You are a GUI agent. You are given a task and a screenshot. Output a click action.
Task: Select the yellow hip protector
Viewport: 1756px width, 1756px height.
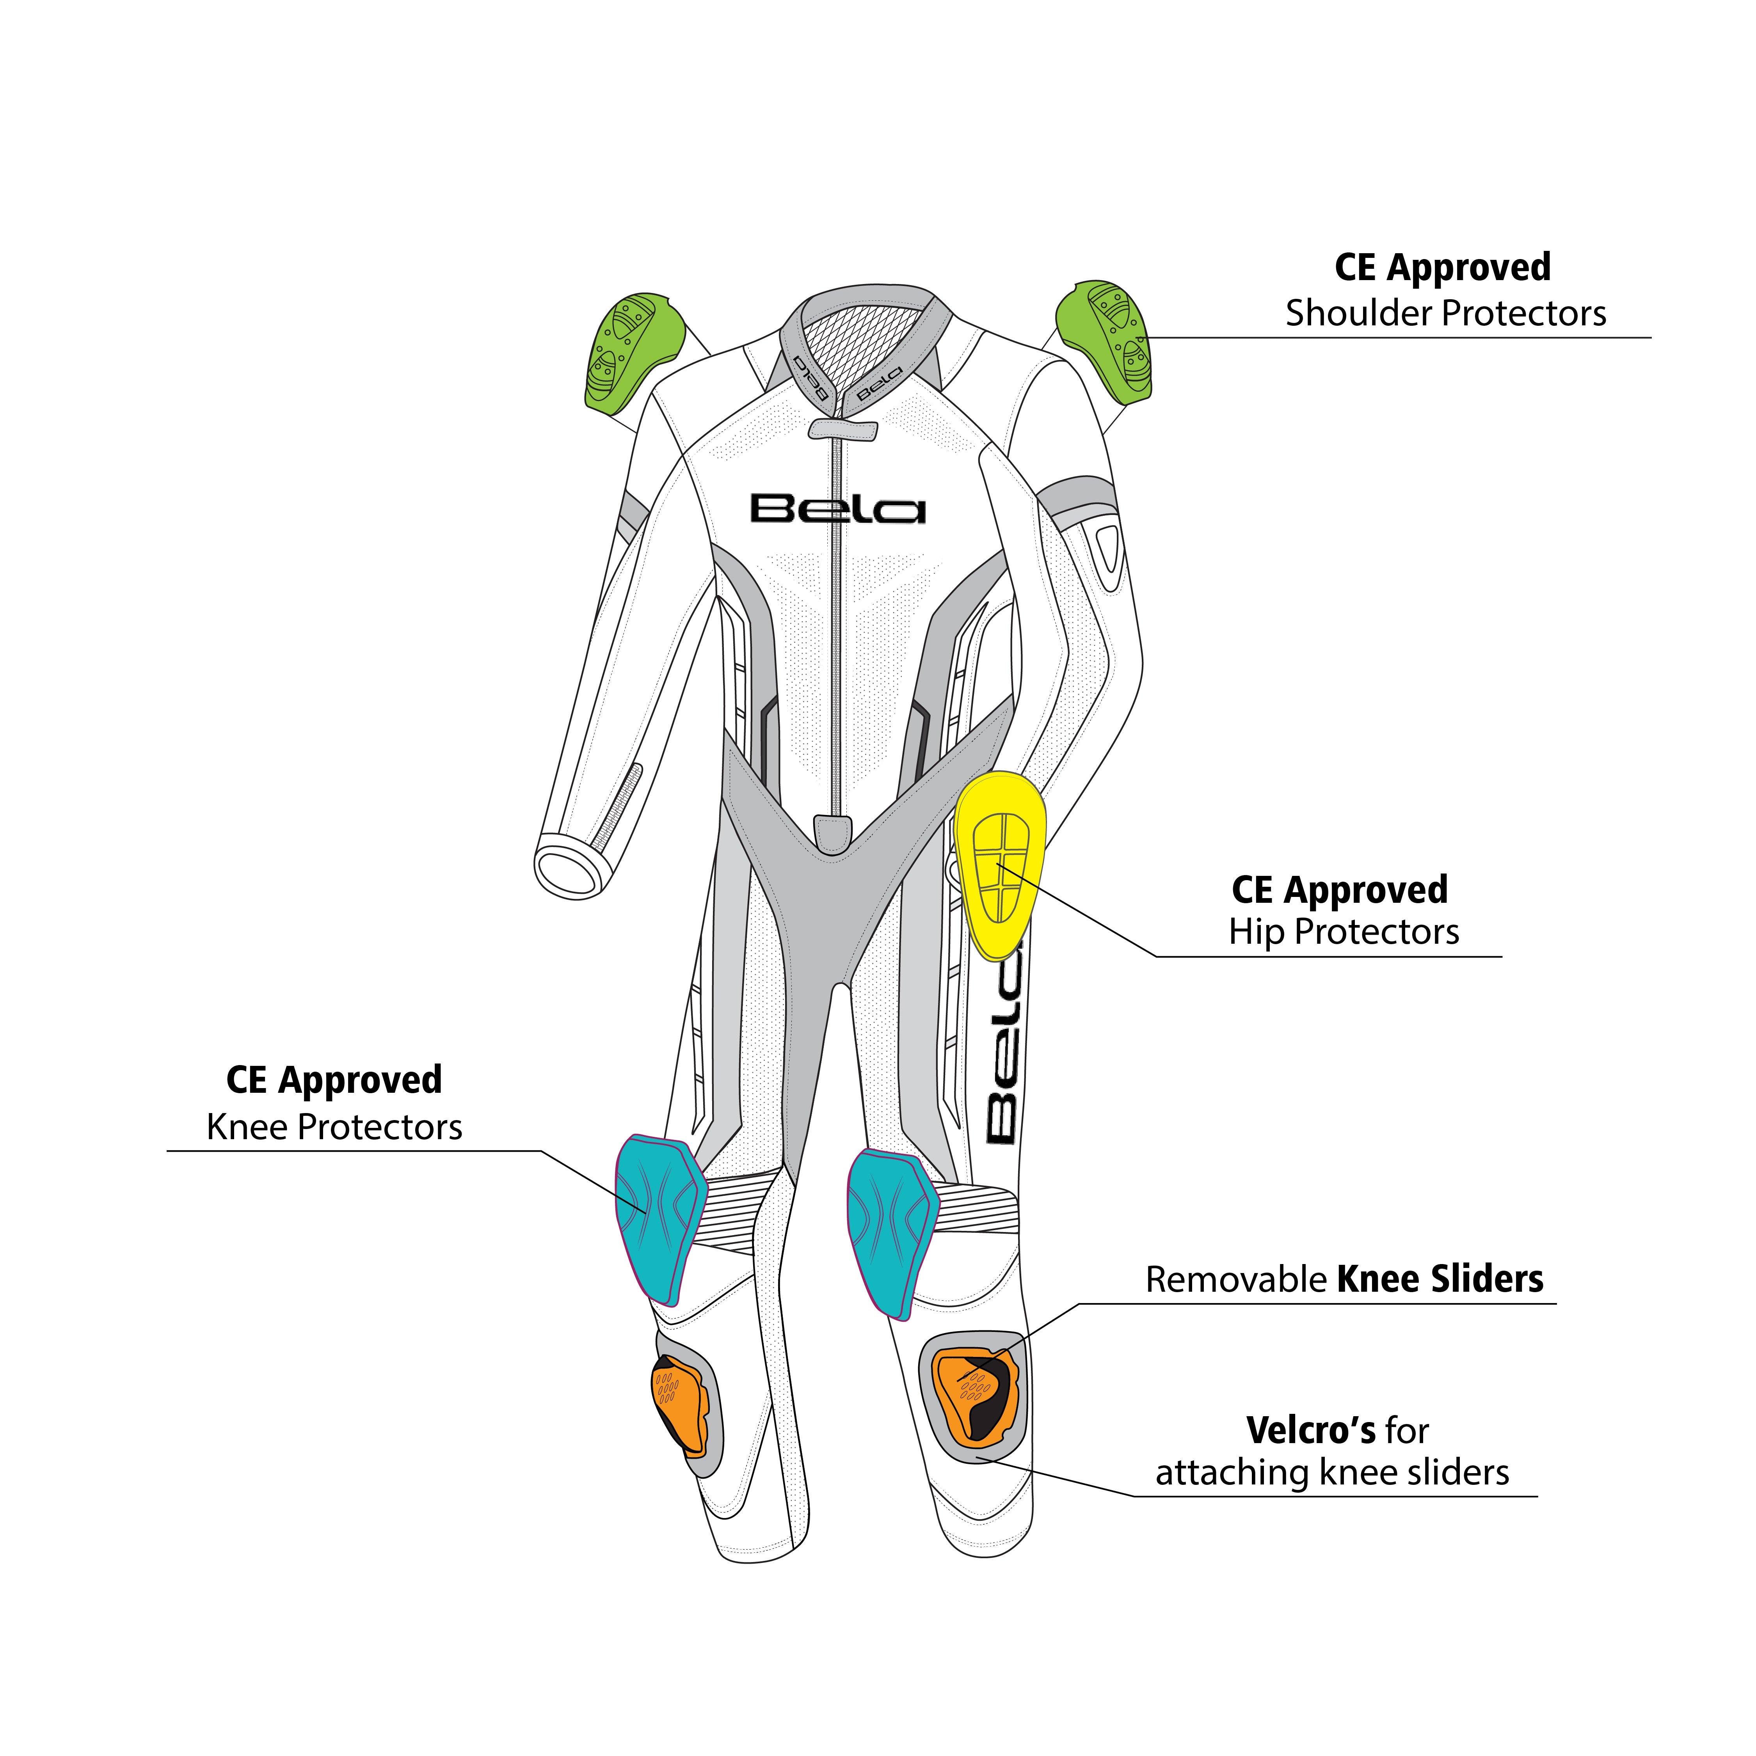point(1000,863)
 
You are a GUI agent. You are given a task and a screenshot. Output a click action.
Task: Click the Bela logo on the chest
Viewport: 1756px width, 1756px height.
point(837,509)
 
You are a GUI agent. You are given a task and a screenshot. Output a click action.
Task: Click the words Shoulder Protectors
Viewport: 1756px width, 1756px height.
point(1445,314)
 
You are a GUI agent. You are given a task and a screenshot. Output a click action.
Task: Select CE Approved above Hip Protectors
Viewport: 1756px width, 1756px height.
point(1340,890)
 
